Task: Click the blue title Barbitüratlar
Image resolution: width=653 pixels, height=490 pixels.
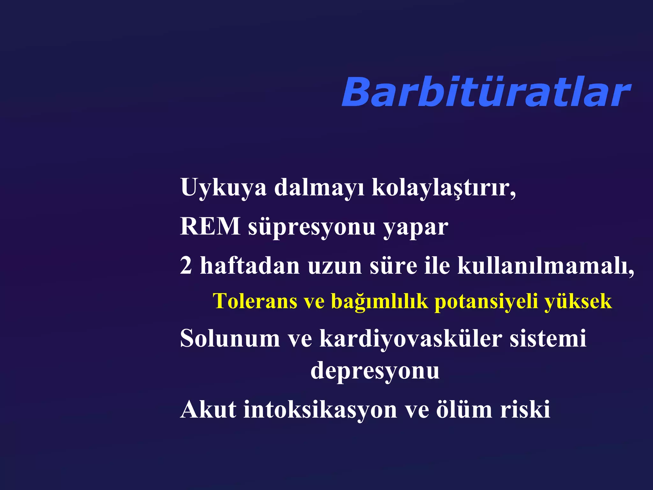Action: click(485, 93)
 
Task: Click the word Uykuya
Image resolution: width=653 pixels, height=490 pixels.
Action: click(223, 188)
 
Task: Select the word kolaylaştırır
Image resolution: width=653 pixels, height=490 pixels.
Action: click(443, 188)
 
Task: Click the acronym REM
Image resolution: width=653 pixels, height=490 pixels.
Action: click(210, 226)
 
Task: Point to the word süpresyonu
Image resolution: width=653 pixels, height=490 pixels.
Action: click(312, 227)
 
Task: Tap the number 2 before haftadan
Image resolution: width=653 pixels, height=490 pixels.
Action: click(186, 265)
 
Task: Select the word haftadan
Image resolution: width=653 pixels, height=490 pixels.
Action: click(250, 265)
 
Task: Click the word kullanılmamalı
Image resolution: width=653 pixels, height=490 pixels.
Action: click(545, 265)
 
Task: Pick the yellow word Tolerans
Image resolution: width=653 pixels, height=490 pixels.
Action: click(255, 301)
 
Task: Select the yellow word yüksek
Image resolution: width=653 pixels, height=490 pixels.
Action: click(578, 301)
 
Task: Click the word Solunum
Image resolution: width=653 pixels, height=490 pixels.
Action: click(230, 338)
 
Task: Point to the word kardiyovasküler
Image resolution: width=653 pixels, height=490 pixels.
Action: click(411, 338)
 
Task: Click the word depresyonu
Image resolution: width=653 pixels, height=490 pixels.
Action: click(375, 371)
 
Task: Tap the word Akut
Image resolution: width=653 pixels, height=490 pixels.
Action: click(208, 409)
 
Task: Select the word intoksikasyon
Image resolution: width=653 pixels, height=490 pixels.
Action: click(320, 409)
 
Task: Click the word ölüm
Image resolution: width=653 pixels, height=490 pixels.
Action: click(464, 409)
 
